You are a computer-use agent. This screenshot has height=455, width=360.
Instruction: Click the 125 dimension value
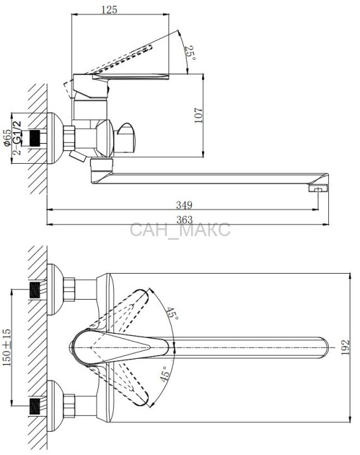[x=109, y=9]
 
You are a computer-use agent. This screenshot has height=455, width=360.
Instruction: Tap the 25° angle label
[x=190, y=53]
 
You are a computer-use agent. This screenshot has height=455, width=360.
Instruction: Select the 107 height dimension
[x=198, y=116]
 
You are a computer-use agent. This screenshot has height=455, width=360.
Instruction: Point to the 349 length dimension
[x=184, y=205]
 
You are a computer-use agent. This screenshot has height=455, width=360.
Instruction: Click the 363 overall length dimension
[x=184, y=220]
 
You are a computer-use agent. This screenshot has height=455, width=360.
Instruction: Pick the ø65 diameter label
[x=8, y=138]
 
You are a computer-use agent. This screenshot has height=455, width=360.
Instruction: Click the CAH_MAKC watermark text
[x=180, y=230]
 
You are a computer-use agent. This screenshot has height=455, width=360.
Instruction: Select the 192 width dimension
[x=345, y=347]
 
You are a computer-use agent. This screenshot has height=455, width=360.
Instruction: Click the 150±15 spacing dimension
[x=7, y=347]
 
